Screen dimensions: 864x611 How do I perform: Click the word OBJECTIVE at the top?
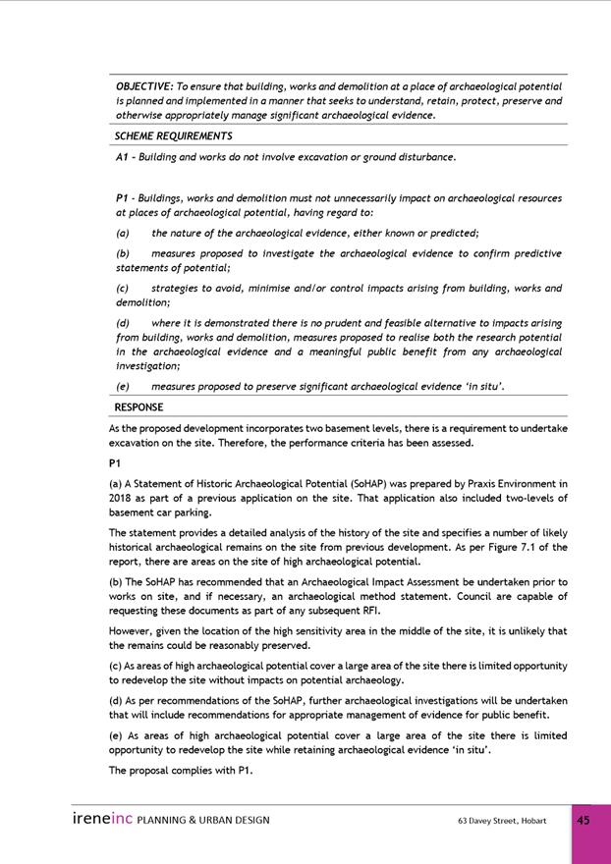click(143, 86)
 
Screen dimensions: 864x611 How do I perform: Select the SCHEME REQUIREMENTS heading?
click(173, 136)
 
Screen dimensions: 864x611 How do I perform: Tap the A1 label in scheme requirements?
click(123, 157)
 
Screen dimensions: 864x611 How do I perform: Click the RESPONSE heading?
click(139, 407)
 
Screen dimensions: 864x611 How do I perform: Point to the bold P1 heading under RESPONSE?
click(115, 462)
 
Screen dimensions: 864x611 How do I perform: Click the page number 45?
click(583, 821)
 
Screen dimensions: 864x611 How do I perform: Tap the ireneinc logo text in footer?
click(101, 820)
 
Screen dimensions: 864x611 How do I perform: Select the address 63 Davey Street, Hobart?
click(502, 821)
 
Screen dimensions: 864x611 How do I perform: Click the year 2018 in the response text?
click(121, 498)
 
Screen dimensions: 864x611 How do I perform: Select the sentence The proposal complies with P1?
click(181, 771)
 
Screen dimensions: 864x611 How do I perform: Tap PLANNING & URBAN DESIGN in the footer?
click(203, 821)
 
